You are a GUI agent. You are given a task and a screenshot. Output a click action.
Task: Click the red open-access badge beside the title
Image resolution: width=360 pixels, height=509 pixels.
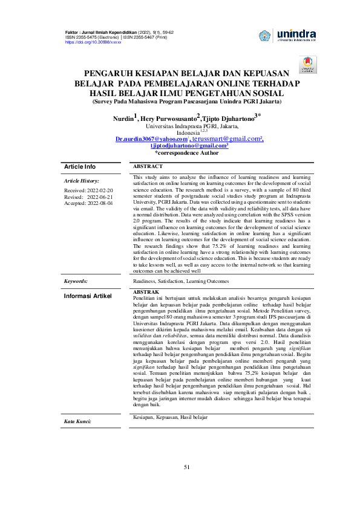(306, 65)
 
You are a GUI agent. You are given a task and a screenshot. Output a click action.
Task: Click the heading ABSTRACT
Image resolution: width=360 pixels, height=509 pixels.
(148, 166)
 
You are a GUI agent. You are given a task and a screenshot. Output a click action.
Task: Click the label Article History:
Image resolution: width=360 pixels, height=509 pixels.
(82, 181)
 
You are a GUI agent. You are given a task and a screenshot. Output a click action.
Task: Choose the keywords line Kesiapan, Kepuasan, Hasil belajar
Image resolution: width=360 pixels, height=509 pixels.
(169, 417)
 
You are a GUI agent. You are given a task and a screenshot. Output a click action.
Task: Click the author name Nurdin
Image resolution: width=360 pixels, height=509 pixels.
(123, 118)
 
